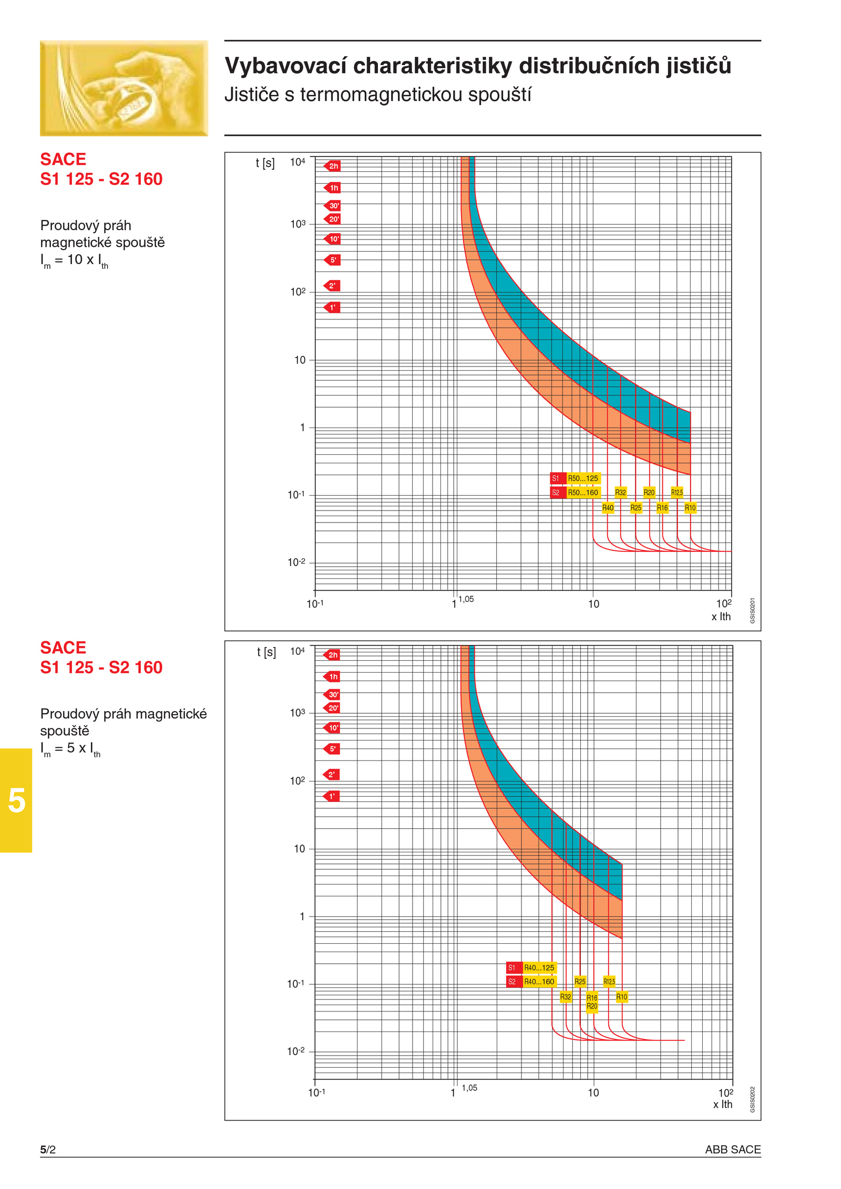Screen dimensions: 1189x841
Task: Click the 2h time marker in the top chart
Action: click(332, 166)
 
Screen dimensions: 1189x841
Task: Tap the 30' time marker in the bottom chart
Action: click(332, 694)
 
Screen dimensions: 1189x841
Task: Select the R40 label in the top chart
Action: click(608, 507)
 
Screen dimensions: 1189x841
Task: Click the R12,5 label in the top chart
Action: click(676, 492)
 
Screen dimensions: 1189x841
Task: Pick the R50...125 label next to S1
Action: click(582, 478)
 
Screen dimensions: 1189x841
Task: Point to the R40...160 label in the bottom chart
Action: click(539, 981)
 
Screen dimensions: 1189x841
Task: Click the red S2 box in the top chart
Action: click(556, 493)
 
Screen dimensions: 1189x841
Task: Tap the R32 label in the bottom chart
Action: click(566, 996)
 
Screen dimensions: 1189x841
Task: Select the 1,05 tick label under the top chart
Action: click(466, 599)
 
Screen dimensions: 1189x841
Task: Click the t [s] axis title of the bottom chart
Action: click(266, 652)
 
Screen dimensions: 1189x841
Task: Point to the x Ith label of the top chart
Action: click(721, 617)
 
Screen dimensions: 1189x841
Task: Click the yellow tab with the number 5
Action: click(16, 800)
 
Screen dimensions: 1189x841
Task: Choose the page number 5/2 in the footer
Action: click(48, 1149)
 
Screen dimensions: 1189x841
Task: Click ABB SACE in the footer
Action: click(732, 1149)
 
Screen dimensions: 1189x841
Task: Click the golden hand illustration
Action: click(124, 88)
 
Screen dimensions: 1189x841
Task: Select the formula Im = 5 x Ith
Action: click(70, 749)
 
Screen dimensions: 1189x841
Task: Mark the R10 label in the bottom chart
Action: click(621, 996)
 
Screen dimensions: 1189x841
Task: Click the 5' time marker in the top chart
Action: click(332, 259)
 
